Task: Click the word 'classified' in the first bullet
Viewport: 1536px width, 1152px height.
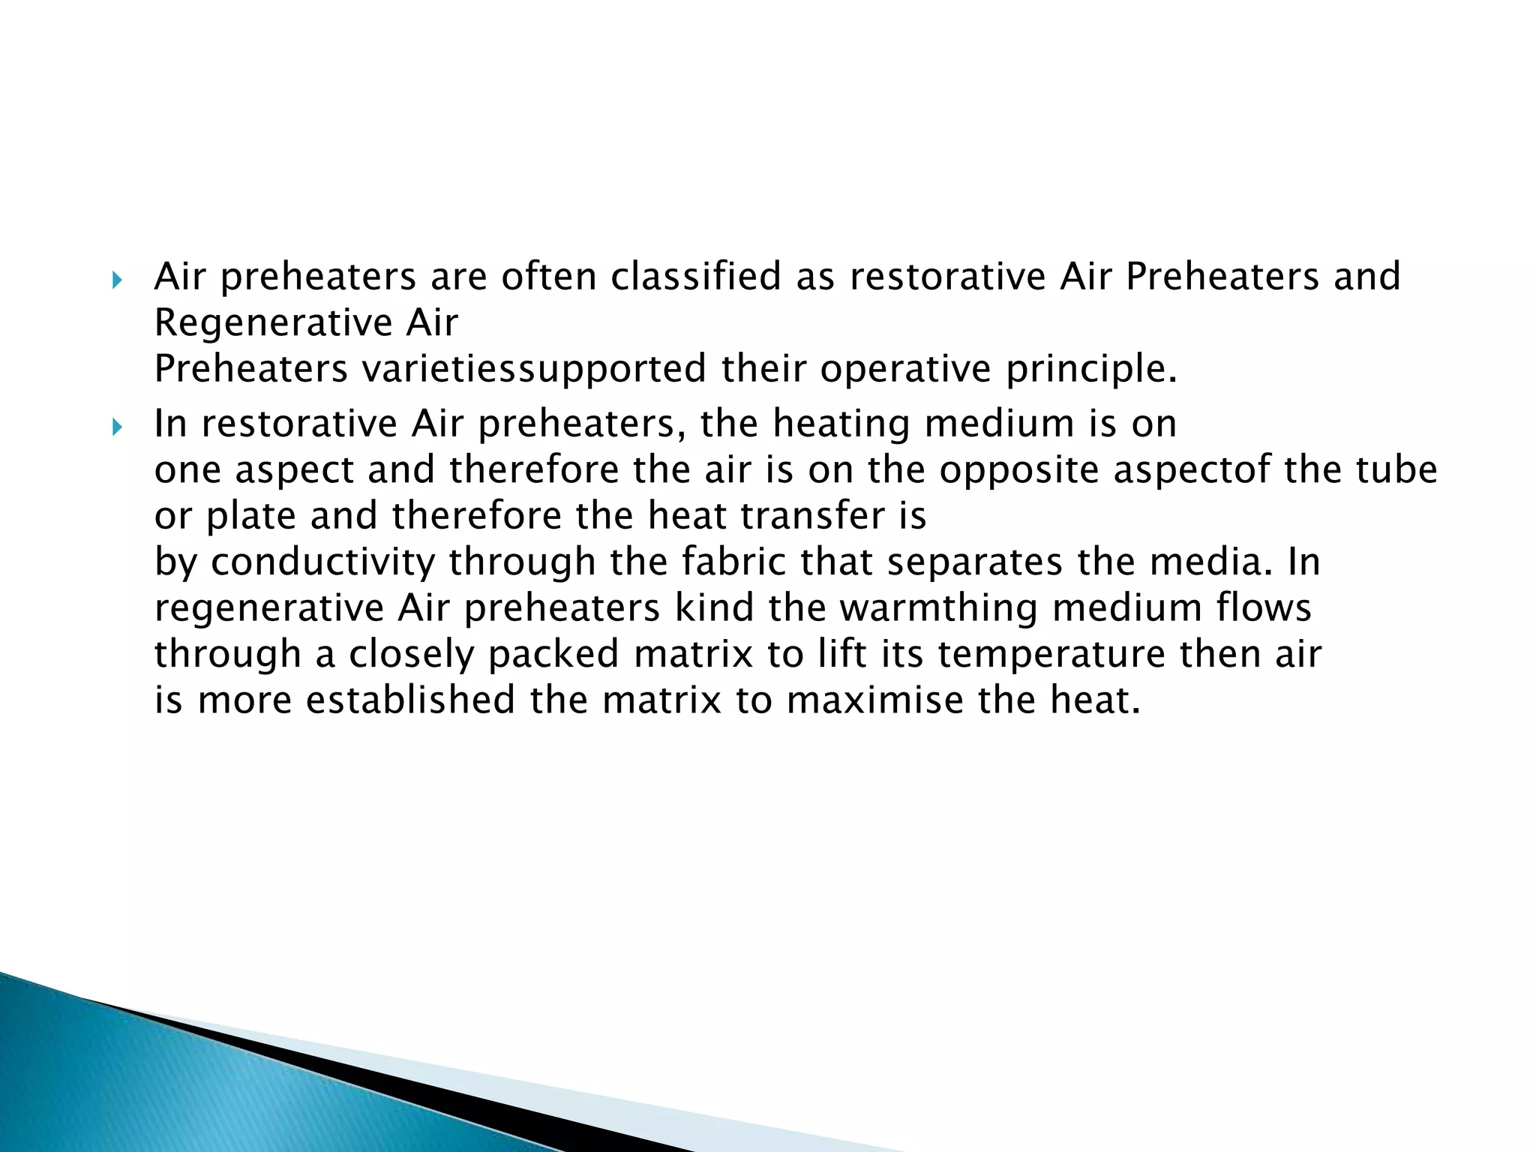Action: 695,277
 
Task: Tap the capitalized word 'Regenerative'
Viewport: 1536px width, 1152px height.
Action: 273,323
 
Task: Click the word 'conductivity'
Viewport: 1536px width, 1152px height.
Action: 322,562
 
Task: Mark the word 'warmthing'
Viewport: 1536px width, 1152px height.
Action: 939,608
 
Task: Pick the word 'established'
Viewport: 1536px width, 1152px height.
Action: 410,700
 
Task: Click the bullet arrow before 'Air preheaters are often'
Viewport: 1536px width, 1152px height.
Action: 116,281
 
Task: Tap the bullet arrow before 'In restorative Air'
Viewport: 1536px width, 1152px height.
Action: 116,428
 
